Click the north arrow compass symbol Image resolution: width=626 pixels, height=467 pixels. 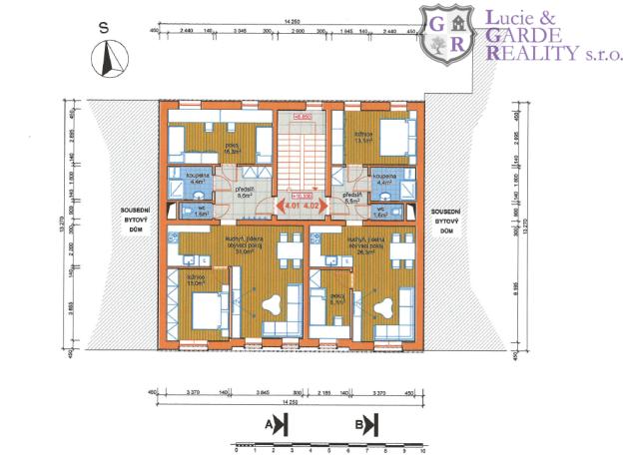pos(106,61)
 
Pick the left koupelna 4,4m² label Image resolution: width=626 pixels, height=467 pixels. pos(197,180)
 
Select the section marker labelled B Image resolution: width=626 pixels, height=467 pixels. pos(366,425)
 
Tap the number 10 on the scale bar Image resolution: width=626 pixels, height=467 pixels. pos(424,452)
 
